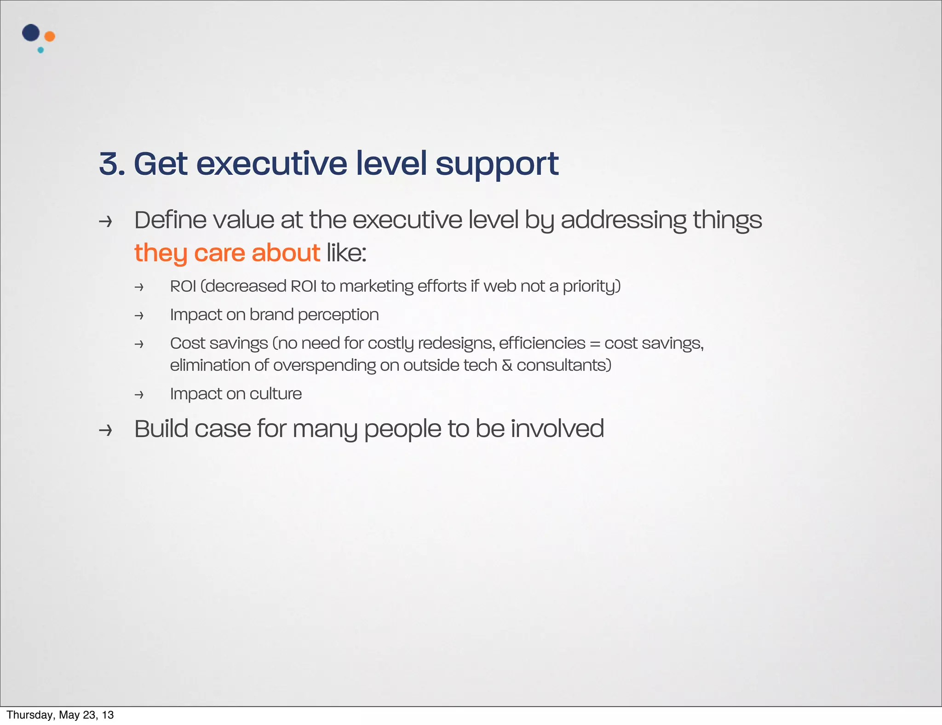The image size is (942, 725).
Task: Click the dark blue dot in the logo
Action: [31, 33]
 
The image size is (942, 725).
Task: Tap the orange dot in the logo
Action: [50, 36]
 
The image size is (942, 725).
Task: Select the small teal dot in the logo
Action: [40, 50]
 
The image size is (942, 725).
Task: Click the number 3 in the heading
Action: [110, 164]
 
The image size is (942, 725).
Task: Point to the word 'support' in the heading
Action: [497, 164]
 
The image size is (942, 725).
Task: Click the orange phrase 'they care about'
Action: [227, 253]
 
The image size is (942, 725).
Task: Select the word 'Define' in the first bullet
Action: [170, 220]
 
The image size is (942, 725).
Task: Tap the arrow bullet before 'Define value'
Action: [105, 222]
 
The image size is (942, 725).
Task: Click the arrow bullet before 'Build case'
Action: [105, 431]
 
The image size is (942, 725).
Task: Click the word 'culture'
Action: [276, 394]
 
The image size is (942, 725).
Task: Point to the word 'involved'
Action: [557, 429]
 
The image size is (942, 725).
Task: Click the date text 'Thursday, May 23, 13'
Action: [60, 715]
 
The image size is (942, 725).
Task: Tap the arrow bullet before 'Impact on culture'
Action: [139, 395]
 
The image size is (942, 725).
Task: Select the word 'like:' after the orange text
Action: [346, 253]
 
